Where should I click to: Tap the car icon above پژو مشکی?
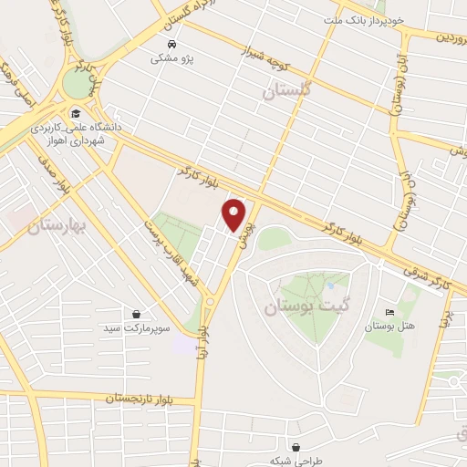click(171, 44)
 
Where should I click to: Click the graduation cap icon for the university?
click(75, 114)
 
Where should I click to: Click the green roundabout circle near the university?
click(78, 83)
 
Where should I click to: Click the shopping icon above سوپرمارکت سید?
click(136, 313)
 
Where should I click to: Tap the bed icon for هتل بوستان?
click(390, 312)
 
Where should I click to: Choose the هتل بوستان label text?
click(389, 326)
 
